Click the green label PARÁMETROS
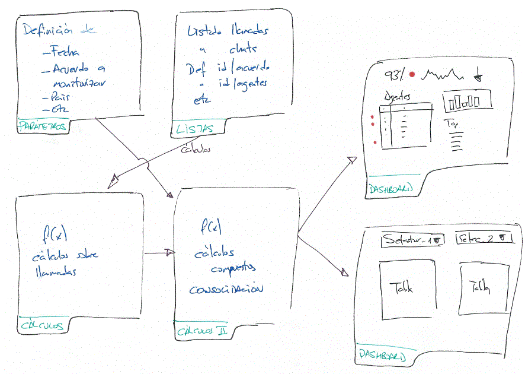(x=43, y=126)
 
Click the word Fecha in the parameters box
(x=65, y=52)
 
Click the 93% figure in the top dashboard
(x=394, y=75)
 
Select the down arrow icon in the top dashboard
(x=478, y=76)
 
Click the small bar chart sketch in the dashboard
(x=467, y=102)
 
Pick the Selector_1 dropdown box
(x=413, y=240)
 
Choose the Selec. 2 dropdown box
(x=484, y=239)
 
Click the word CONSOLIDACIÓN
(x=226, y=290)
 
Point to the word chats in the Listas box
(x=243, y=49)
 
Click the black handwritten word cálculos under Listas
(x=196, y=150)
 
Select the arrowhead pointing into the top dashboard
(x=352, y=160)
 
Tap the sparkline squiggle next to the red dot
(x=444, y=74)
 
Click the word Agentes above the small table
(x=396, y=97)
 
